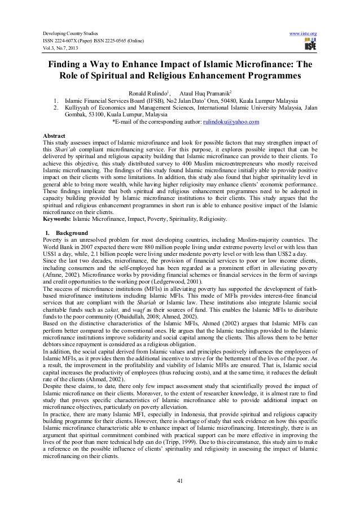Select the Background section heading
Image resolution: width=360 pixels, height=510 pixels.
[x=71, y=232]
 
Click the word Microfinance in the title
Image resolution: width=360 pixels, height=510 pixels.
[x=261, y=63]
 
